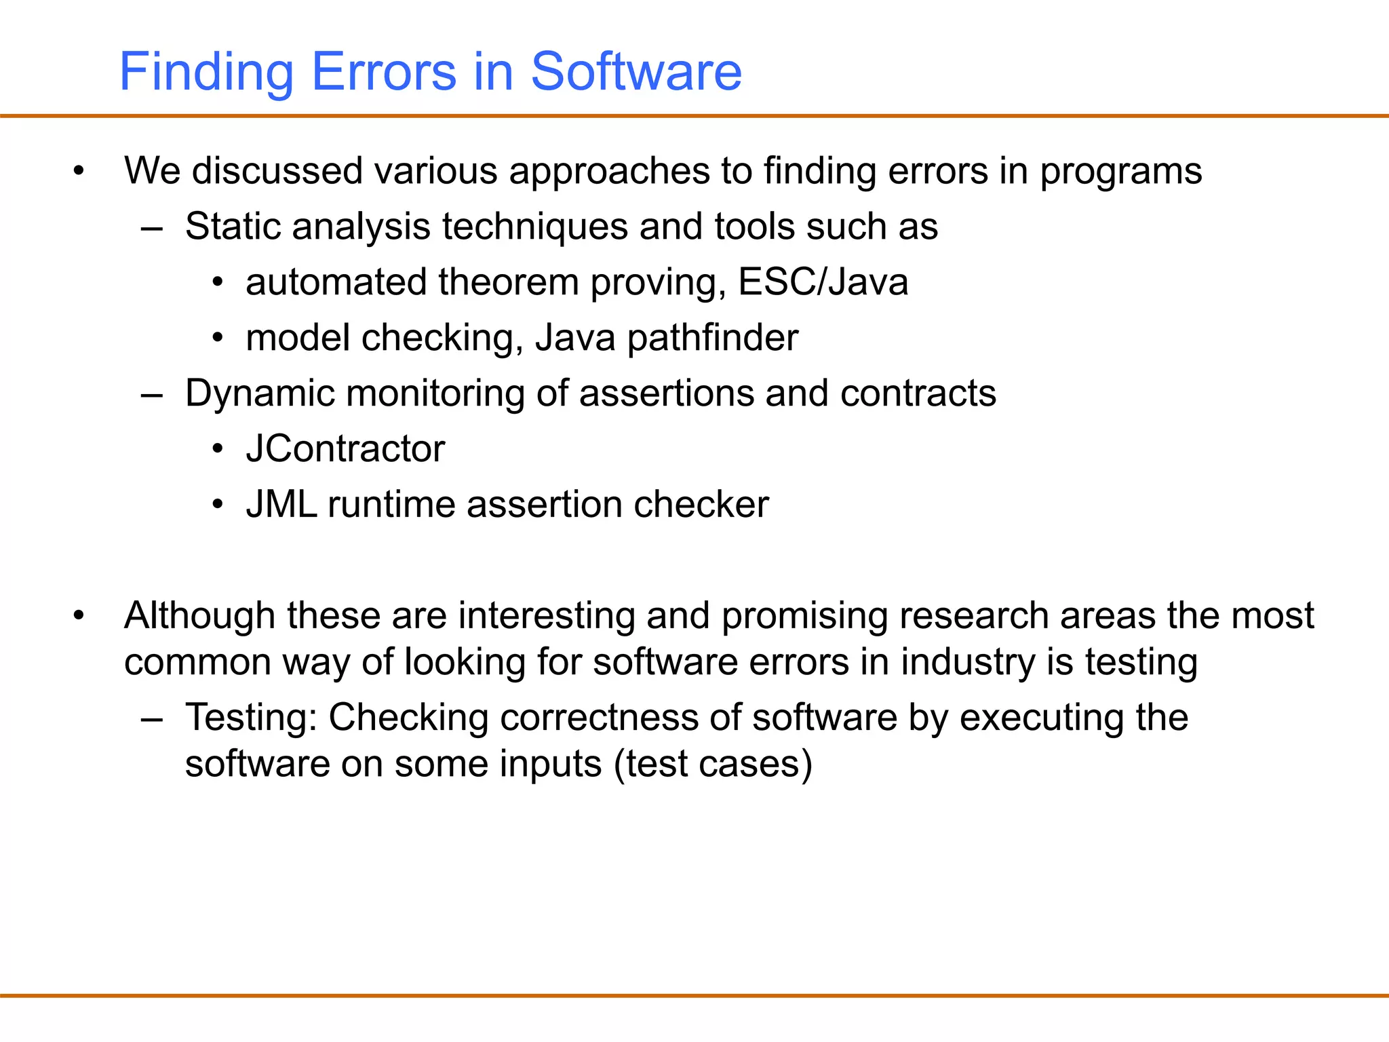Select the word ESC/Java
(x=823, y=282)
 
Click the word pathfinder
(x=712, y=338)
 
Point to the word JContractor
(x=345, y=449)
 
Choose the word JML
(x=281, y=505)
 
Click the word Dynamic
(x=260, y=393)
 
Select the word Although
(x=199, y=616)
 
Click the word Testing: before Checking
(x=251, y=718)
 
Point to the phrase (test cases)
(x=713, y=765)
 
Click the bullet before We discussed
(x=79, y=171)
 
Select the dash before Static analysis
(x=152, y=228)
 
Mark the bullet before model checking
(x=217, y=338)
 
